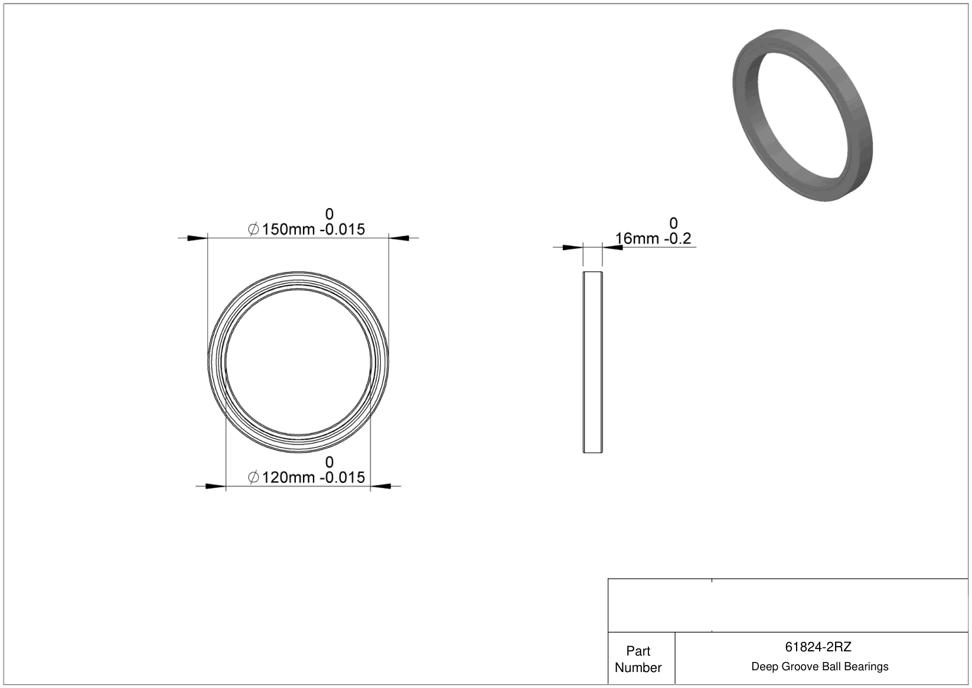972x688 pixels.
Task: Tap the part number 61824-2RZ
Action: [818, 647]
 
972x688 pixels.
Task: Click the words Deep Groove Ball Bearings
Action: [820, 666]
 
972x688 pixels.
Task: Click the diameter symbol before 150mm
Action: [253, 229]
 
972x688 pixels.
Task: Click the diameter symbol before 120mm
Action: [253, 478]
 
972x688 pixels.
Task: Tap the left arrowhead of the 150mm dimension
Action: [197, 238]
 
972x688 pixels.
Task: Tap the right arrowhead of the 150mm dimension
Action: [399, 238]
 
